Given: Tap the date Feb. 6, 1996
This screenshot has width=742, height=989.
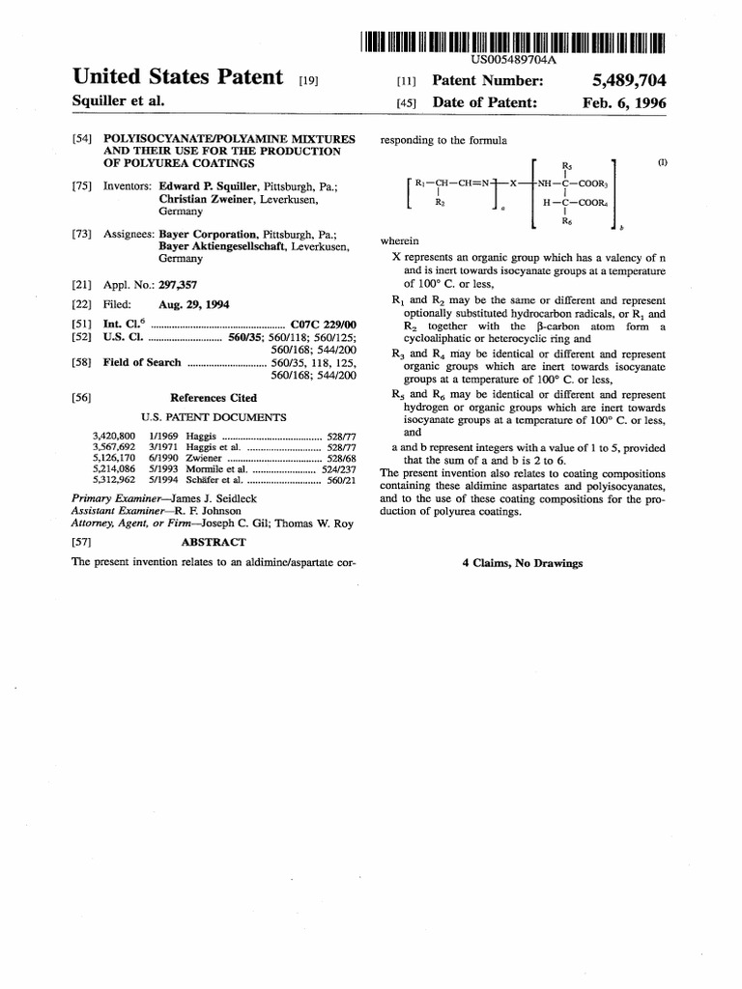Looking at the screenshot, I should pyautogui.click(x=625, y=102).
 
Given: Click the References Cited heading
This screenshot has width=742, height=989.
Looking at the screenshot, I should pyautogui.click(x=214, y=397).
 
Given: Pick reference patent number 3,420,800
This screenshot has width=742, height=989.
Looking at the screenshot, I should pyautogui.click(x=114, y=438).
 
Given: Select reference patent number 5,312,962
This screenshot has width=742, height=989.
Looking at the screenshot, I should pyautogui.click(x=114, y=479).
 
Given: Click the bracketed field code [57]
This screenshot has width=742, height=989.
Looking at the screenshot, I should pyautogui.click(x=81, y=543).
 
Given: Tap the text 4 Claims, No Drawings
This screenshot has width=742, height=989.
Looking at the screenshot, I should pyautogui.click(x=523, y=563).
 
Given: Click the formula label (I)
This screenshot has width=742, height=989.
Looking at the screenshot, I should pyautogui.click(x=663, y=162).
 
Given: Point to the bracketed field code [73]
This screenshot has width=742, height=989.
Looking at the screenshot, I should pyautogui.click(x=81, y=235).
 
